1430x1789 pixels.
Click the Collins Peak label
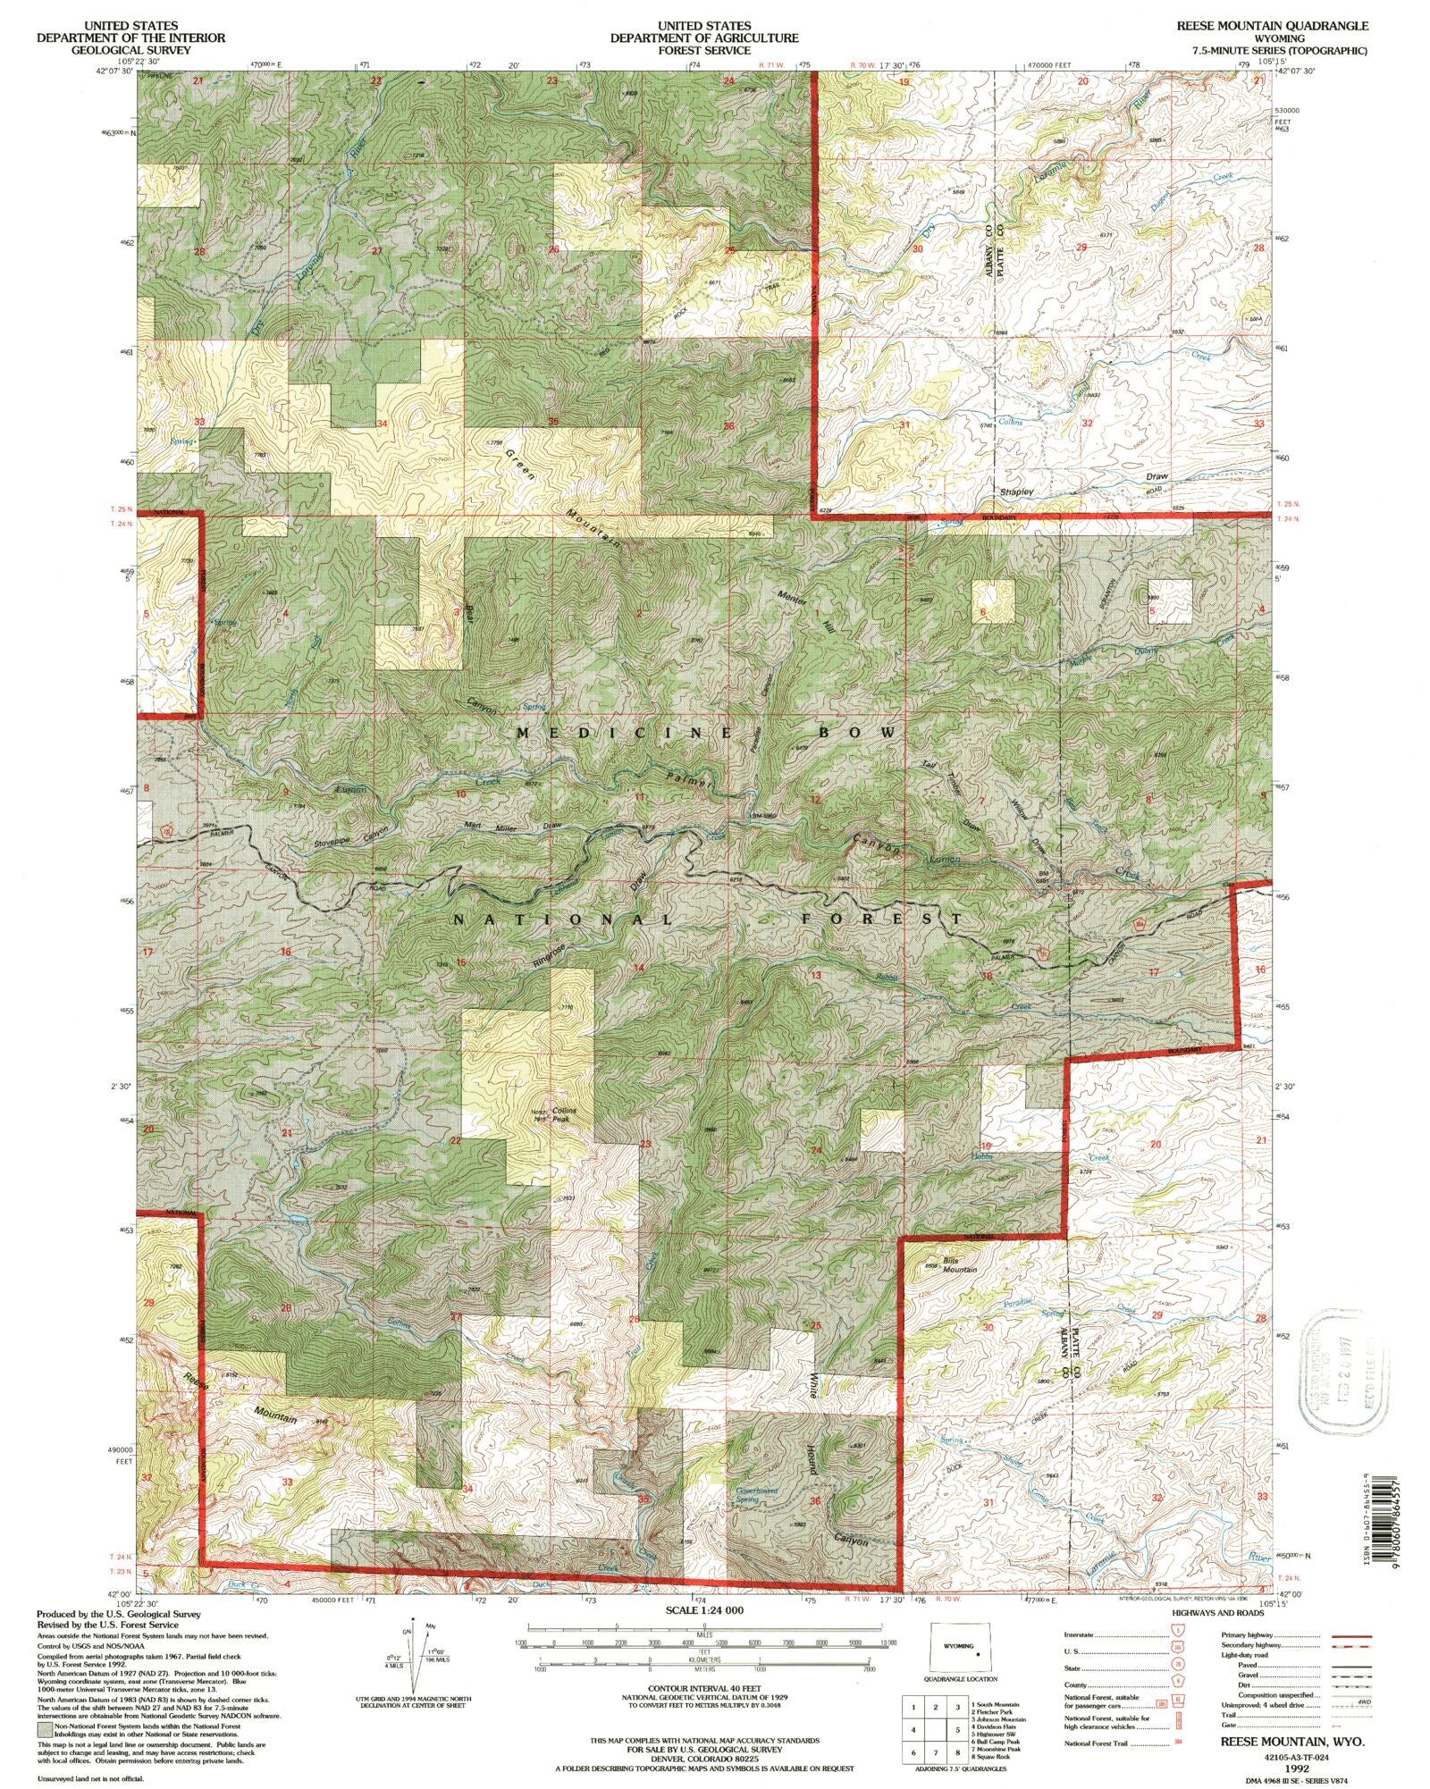tap(563, 1113)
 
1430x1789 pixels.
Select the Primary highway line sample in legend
tap(1350, 1634)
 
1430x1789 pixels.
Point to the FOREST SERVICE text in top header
tap(704, 51)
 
